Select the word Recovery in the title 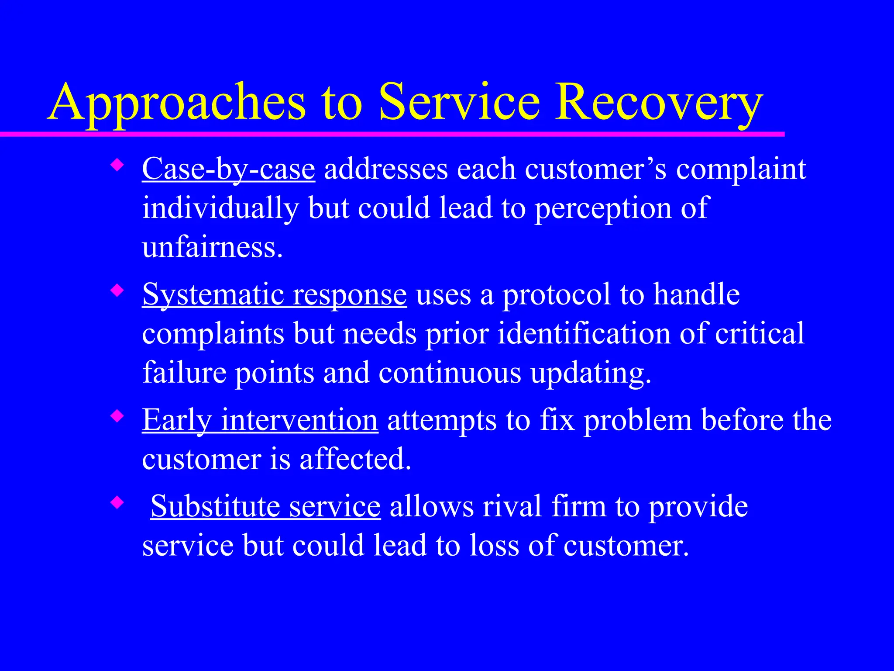659,103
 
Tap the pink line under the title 393,134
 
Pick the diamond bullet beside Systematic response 117,291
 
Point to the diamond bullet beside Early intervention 117,416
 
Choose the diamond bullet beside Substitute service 117,502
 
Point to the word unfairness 213,247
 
